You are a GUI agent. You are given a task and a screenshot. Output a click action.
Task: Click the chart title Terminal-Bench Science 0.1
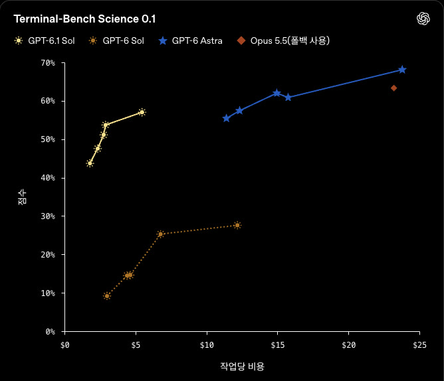click(x=84, y=19)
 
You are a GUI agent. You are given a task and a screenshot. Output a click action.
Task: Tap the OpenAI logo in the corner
click(x=423, y=19)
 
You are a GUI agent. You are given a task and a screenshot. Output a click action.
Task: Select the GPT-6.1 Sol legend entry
click(x=45, y=40)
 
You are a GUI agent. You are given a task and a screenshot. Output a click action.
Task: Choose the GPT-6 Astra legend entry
click(x=191, y=40)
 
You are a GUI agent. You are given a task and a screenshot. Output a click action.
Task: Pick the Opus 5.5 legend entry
click(x=283, y=40)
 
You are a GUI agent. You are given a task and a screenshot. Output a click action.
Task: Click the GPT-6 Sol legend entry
click(x=116, y=40)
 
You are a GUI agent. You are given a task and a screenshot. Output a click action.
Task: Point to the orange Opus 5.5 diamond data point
click(x=393, y=88)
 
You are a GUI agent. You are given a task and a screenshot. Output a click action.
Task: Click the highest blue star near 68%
click(x=402, y=70)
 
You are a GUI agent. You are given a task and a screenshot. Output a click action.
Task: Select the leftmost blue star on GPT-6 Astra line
click(x=226, y=118)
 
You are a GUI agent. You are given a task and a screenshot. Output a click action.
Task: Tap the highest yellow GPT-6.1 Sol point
click(x=142, y=112)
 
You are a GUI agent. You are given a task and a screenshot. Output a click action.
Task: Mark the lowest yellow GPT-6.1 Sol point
click(x=90, y=163)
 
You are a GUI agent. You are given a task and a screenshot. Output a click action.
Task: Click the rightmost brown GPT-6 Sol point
click(x=237, y=226)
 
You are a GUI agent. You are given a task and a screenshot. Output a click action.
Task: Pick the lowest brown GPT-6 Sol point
click(x=107, y=296)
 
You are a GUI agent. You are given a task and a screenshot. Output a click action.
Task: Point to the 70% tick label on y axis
click(x=48, y=63)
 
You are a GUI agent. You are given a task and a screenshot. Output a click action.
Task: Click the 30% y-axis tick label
click(x=48, y=216)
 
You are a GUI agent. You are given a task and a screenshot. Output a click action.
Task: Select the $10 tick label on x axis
click(x=207, y=345)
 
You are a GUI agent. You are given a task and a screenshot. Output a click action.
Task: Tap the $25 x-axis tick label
click(x=419, y=345)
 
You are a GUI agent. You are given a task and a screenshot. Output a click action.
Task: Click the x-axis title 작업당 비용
click(x=242, y=366)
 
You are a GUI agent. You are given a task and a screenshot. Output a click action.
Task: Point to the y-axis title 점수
click(x=22, y=197)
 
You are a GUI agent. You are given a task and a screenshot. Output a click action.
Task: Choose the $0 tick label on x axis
click(x=65, y=345)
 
